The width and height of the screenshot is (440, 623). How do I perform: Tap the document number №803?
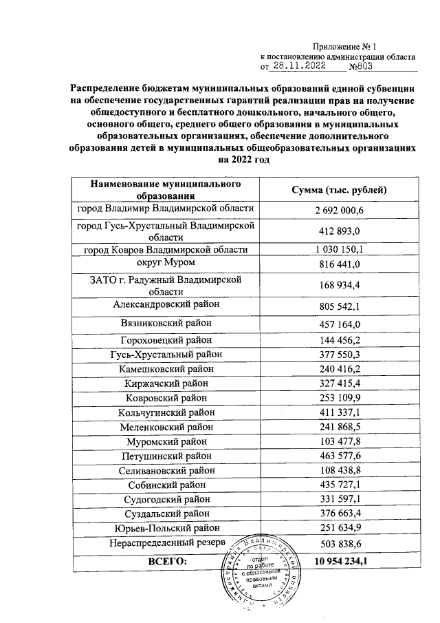[364, 67]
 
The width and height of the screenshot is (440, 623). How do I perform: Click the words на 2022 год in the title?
[241, 159]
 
